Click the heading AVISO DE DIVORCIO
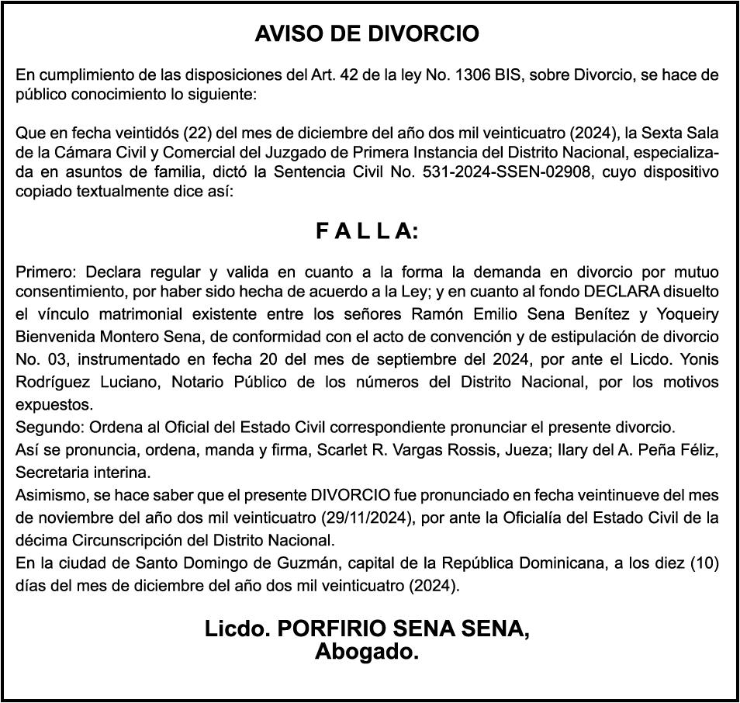click(x=367, y=34)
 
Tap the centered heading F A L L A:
click(x=367, y=231)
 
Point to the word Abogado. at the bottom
click(x=367, y=652)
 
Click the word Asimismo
click(x=48, y=494)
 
